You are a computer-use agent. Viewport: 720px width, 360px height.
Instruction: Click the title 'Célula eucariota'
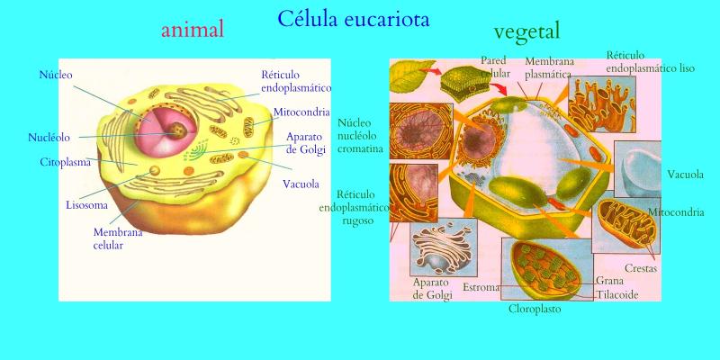click(x=354, y=19)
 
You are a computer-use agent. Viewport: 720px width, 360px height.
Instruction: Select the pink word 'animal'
click(x=193, y=30)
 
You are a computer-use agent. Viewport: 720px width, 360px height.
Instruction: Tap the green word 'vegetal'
click(x=526, y=32)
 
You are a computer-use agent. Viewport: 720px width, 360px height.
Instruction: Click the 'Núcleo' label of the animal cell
click(x=56, y=75)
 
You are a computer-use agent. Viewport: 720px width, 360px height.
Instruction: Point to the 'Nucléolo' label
click(x=49, y=138)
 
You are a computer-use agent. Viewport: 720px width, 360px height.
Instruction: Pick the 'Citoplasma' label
click(x=65, y=162)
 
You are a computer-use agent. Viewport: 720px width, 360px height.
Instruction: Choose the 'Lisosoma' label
click(x=86, y=205)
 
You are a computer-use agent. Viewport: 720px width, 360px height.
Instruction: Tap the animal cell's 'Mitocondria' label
click(x=301, y=112)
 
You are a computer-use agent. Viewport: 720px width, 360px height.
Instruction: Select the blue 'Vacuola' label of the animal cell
click(x=301, y=184)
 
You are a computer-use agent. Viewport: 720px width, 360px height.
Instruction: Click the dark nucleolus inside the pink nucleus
click(x=176, y=130)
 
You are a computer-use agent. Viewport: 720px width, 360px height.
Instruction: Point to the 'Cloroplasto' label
click(x=535, y=309)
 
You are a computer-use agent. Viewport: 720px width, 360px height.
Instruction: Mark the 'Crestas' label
click(x=641, y=267)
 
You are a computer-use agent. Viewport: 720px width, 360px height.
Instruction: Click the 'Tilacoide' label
click(x=617, y=295)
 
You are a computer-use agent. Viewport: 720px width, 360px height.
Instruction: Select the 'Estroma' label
click(x=481, y=287)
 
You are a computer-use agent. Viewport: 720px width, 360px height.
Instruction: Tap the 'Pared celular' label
click(x=495, y=66)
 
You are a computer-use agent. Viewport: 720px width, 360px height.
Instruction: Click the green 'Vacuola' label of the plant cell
click(x=685, y=175)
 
